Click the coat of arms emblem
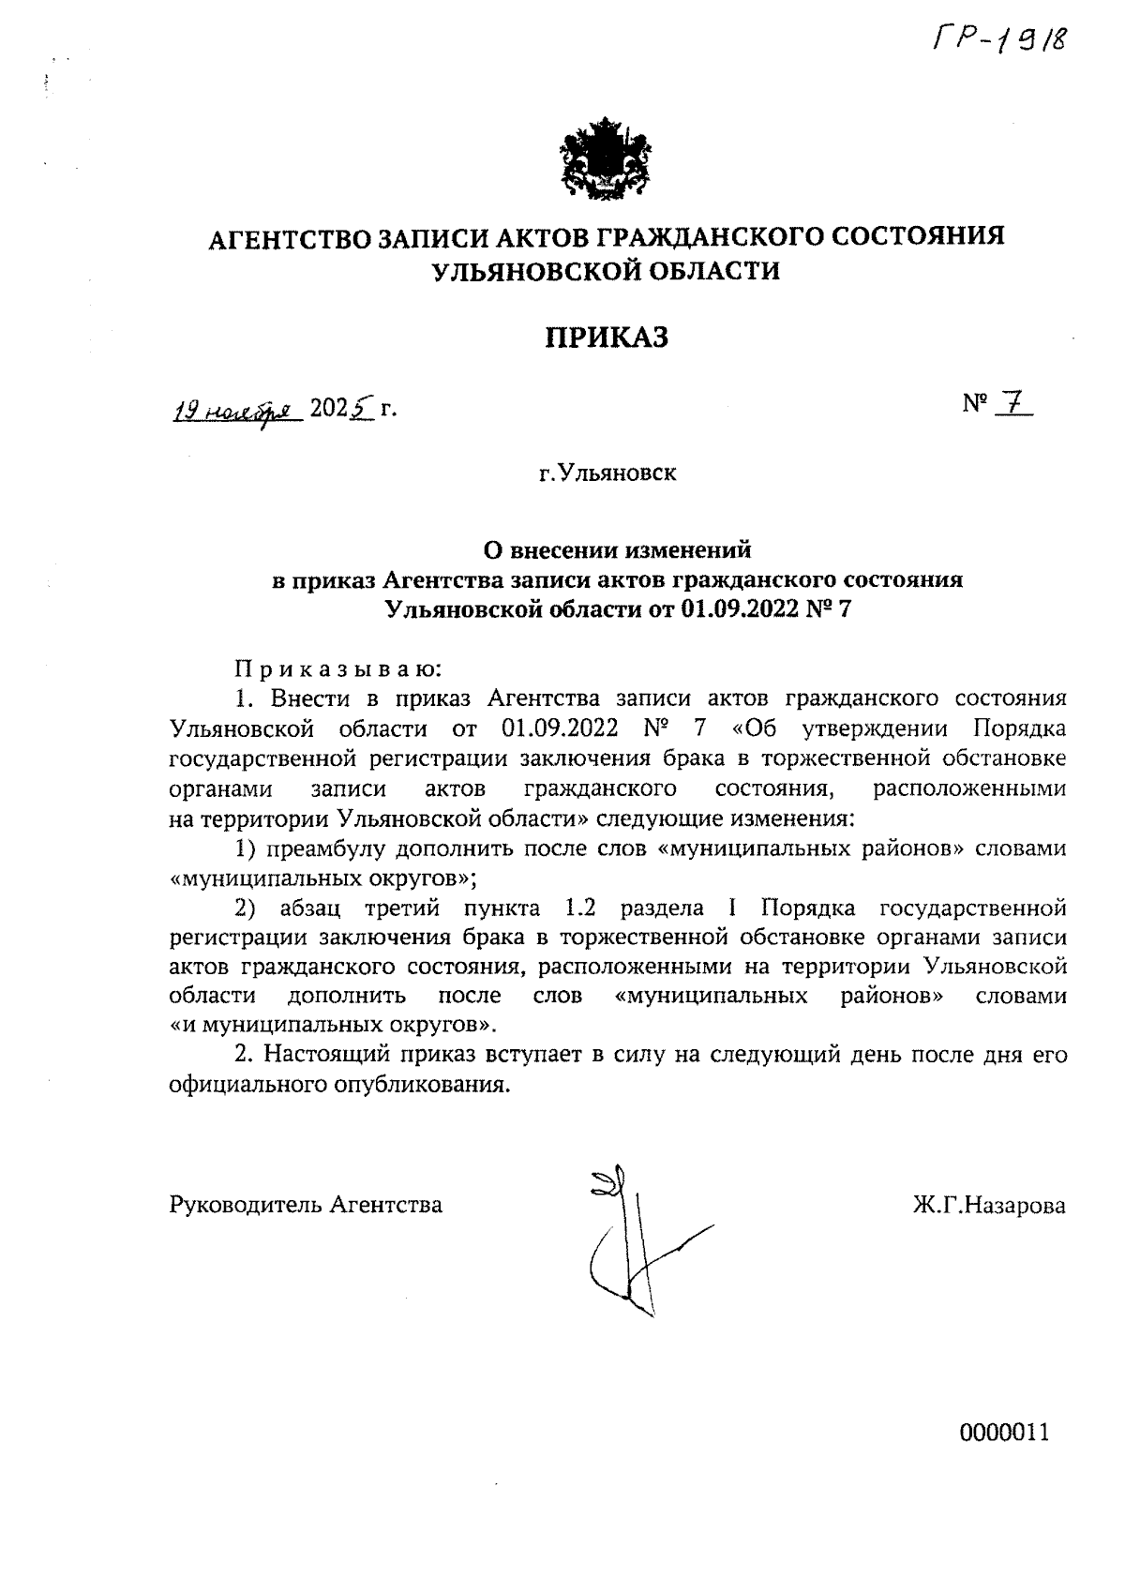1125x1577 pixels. pos(607,158)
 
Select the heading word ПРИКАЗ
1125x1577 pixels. pos(607,337)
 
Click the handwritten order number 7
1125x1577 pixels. pos(1012,404)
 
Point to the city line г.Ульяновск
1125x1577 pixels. pos(607,473)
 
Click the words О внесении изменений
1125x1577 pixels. pos(617,548)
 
